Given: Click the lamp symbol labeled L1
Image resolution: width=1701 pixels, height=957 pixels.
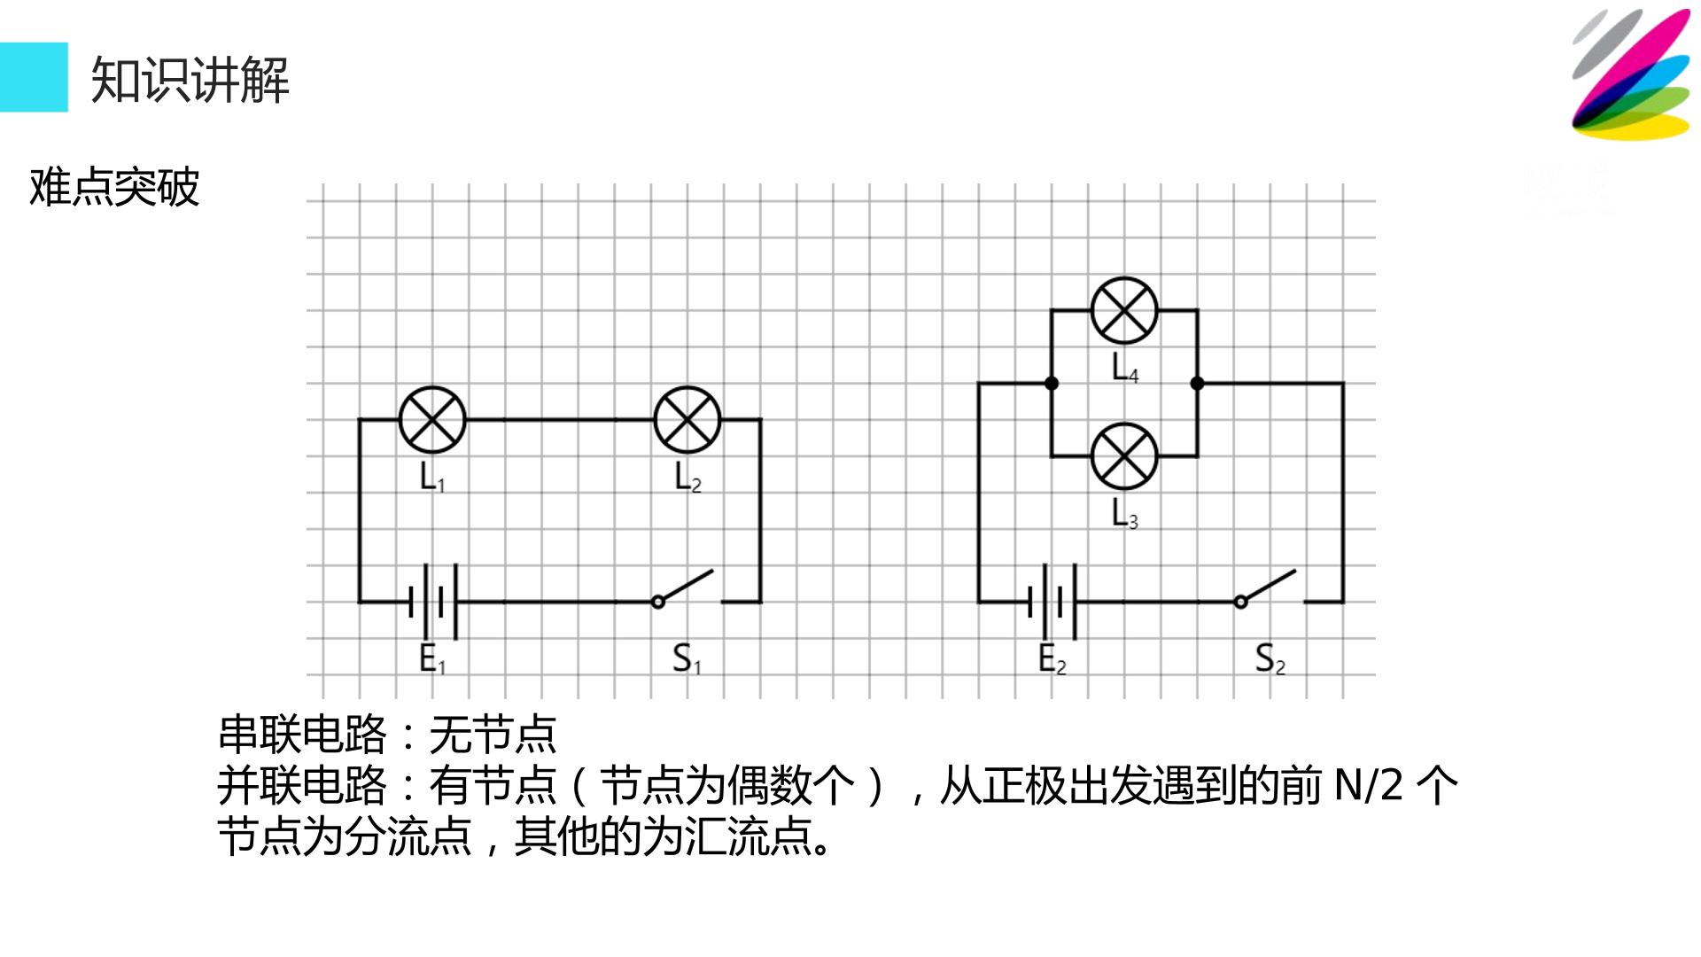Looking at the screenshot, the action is [x=432, y=420].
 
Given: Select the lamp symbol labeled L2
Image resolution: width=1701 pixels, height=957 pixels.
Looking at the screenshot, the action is [x=687, y=420].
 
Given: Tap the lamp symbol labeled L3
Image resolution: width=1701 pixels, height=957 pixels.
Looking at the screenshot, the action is [x=1124, y=456].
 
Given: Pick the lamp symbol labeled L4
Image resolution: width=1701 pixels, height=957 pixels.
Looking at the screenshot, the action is [x=1124, y=310].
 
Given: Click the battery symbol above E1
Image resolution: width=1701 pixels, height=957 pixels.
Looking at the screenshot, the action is [x=433, y=602].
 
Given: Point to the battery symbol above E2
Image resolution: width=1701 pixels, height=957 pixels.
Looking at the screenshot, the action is [x=1052, y=602].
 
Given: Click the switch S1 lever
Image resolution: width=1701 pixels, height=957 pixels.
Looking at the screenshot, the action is [x=684, y=587].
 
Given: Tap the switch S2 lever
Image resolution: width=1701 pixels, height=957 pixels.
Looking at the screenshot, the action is [x=1267, y=587].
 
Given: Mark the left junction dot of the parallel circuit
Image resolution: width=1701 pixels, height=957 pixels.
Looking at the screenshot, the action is [x=1052, y=384].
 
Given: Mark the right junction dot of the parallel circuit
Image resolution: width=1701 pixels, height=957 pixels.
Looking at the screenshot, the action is [x=1197, y=384].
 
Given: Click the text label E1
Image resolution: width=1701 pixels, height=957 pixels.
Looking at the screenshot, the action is [x=432, y=659].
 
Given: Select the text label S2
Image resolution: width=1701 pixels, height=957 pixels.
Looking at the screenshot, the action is [x=1270, y=659].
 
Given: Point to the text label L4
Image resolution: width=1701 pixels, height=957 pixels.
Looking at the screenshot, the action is [x=1125, y=368].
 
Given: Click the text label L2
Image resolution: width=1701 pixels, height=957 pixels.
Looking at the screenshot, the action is [x=687, y=478].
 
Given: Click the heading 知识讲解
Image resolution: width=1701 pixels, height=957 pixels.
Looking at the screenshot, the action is [x=190, y=80].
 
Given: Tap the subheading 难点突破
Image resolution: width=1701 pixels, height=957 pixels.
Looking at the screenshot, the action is [x=114, y=187].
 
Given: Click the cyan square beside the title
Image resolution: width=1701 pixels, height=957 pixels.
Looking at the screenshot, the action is [x=34, y=77].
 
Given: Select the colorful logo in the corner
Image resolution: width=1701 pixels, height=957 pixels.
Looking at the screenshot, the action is [x=1631, y=74].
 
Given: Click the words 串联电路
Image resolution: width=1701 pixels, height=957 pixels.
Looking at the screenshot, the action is [x=302, y=734].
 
